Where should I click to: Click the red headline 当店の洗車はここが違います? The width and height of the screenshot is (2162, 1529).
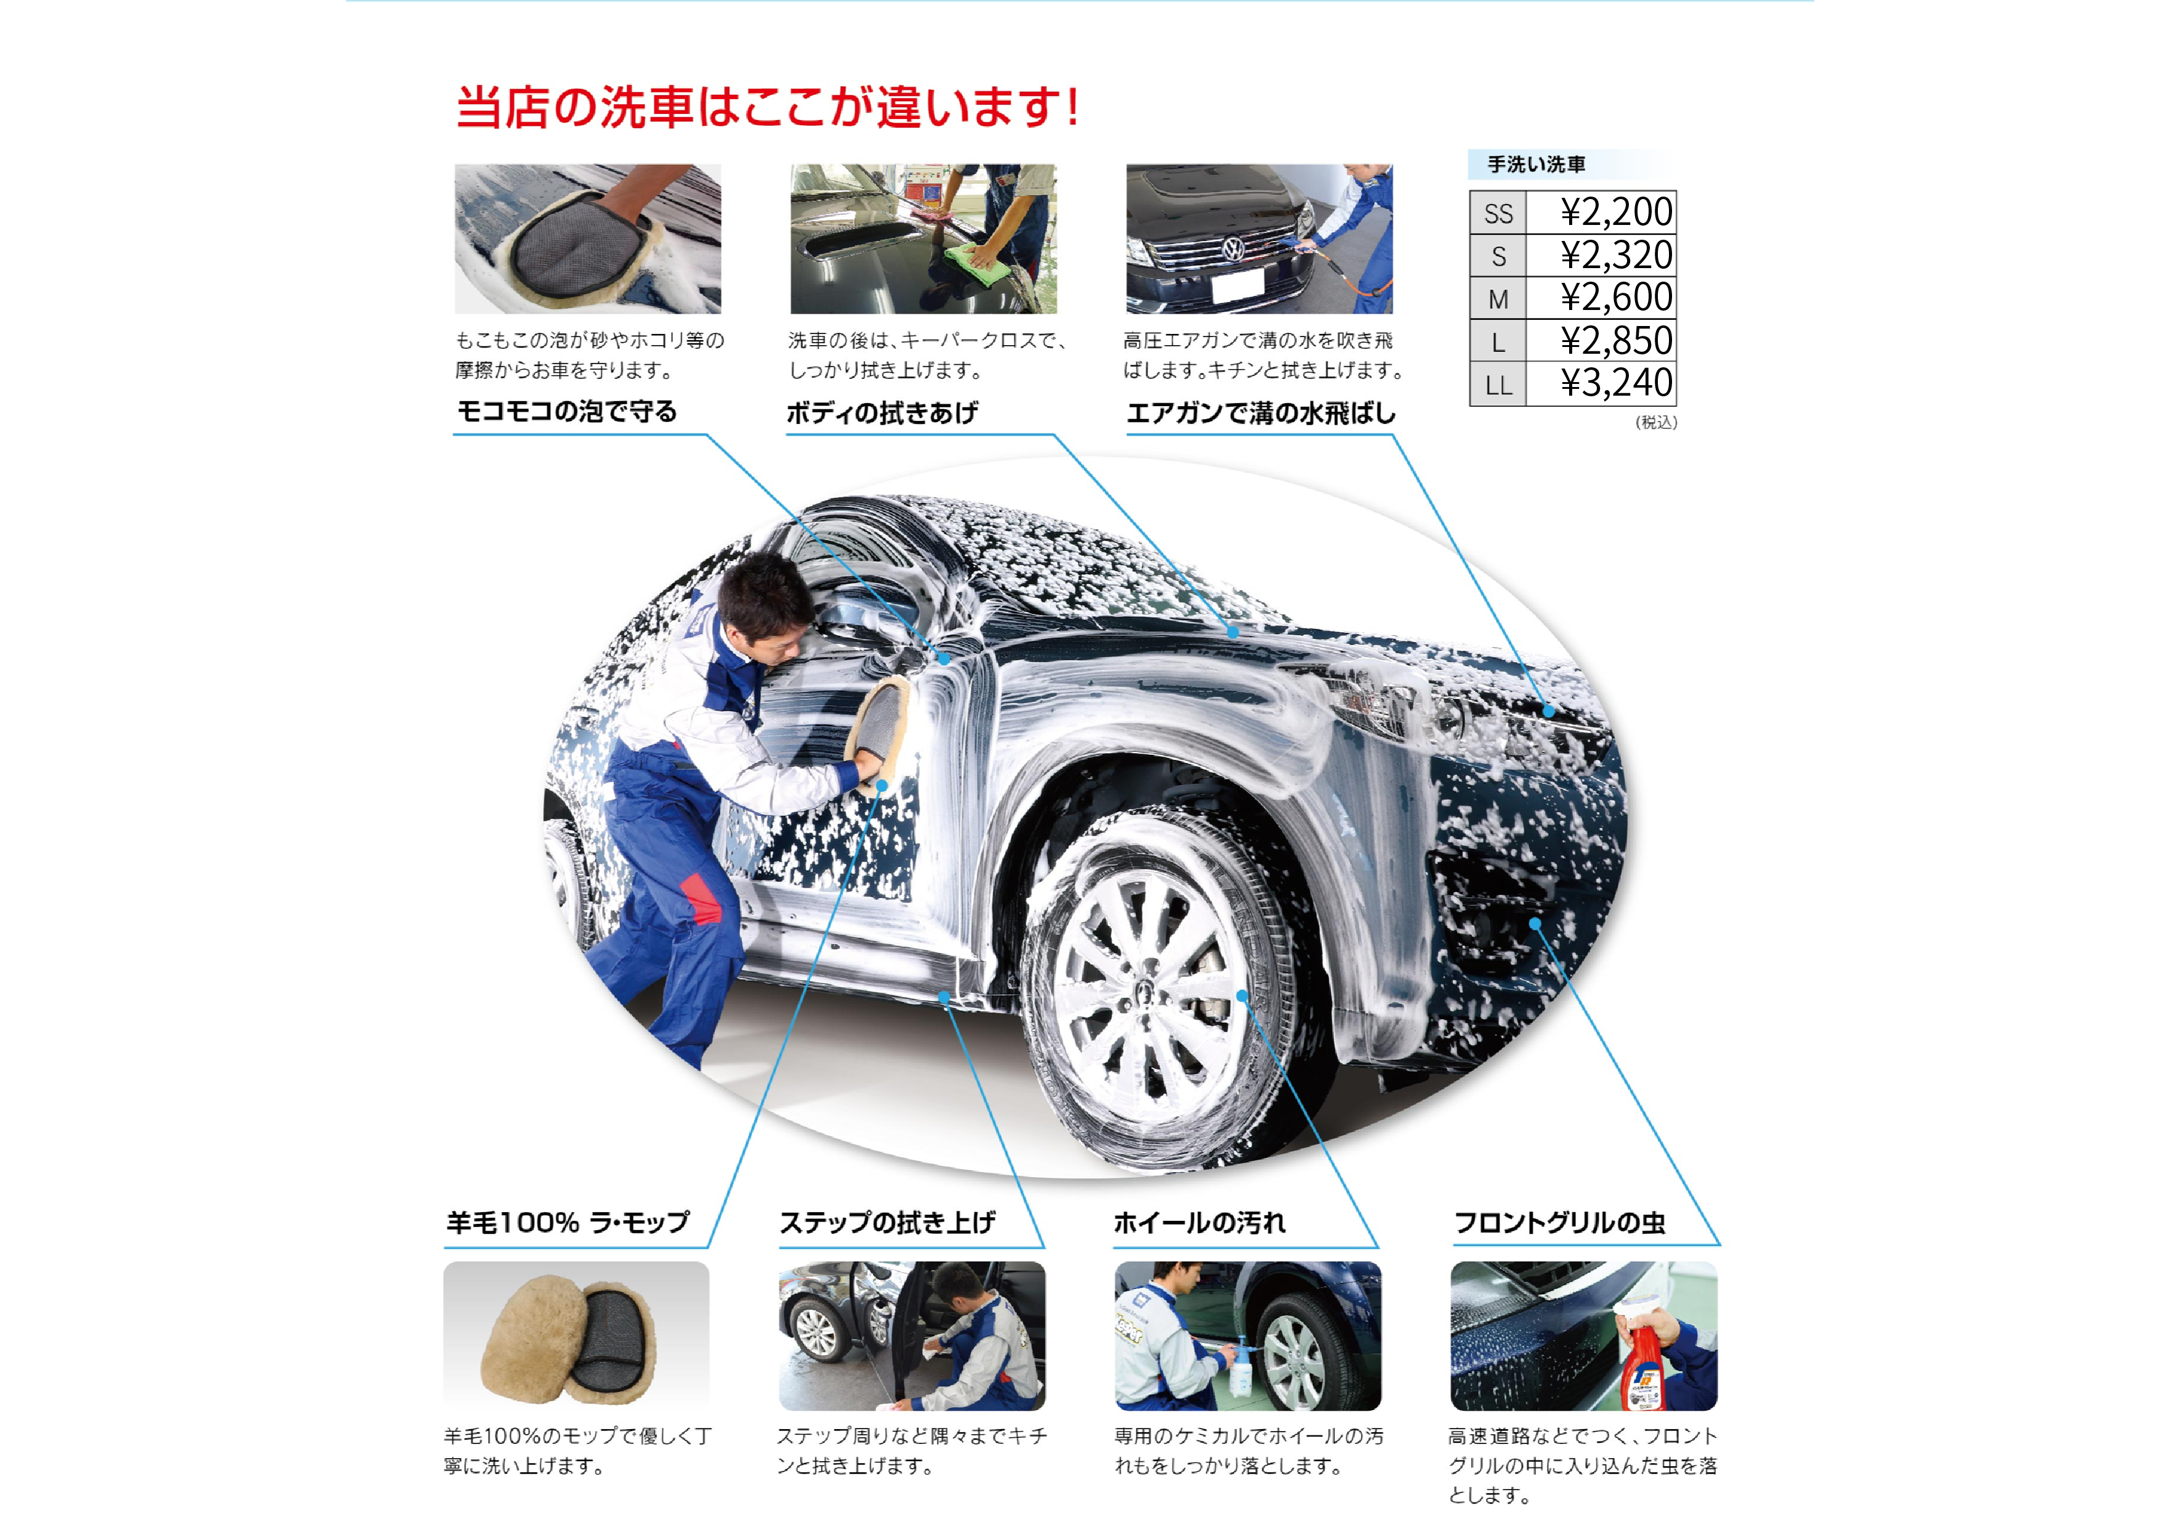(x=767, y=107)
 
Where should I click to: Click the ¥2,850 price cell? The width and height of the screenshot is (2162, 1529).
(x=1616, y=341)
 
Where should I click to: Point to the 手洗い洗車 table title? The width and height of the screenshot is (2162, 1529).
(x=1536, y=165)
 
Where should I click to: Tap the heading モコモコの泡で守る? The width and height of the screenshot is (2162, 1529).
(x=567, y=412)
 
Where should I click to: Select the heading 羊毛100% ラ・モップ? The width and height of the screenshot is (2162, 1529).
(x=568, y=1223)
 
